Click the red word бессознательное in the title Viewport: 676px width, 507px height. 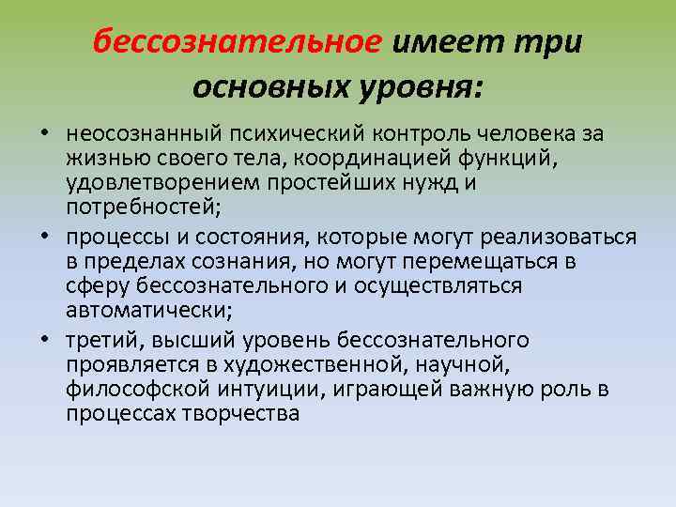pyautogui.click(x=238, y=41)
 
